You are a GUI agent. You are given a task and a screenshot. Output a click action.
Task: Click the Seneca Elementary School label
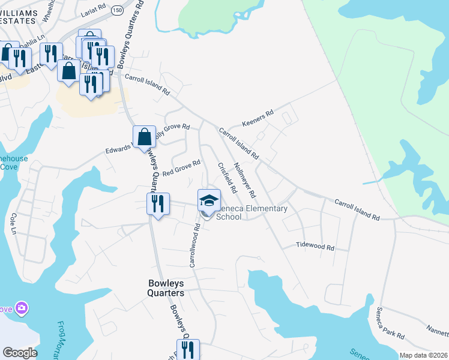pos(251,212)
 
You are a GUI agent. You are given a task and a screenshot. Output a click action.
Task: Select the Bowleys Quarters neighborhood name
pos(166,287)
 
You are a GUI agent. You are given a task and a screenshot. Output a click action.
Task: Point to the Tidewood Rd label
pos(315,246)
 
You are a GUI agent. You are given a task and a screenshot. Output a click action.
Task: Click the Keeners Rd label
pos(258,118)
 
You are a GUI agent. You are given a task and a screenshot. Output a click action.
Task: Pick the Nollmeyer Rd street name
pos(244,180)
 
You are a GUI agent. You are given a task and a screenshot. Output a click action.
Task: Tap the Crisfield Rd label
pos(226,178)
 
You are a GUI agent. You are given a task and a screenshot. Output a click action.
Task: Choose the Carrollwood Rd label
pos(194,246)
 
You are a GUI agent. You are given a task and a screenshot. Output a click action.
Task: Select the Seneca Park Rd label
pos(390,324)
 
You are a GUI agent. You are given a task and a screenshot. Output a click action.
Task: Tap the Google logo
pos(20,353)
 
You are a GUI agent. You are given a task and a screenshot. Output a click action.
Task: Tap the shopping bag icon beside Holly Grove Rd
pos(145,137)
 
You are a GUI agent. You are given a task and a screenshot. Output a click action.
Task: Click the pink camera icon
pos(22,308)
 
